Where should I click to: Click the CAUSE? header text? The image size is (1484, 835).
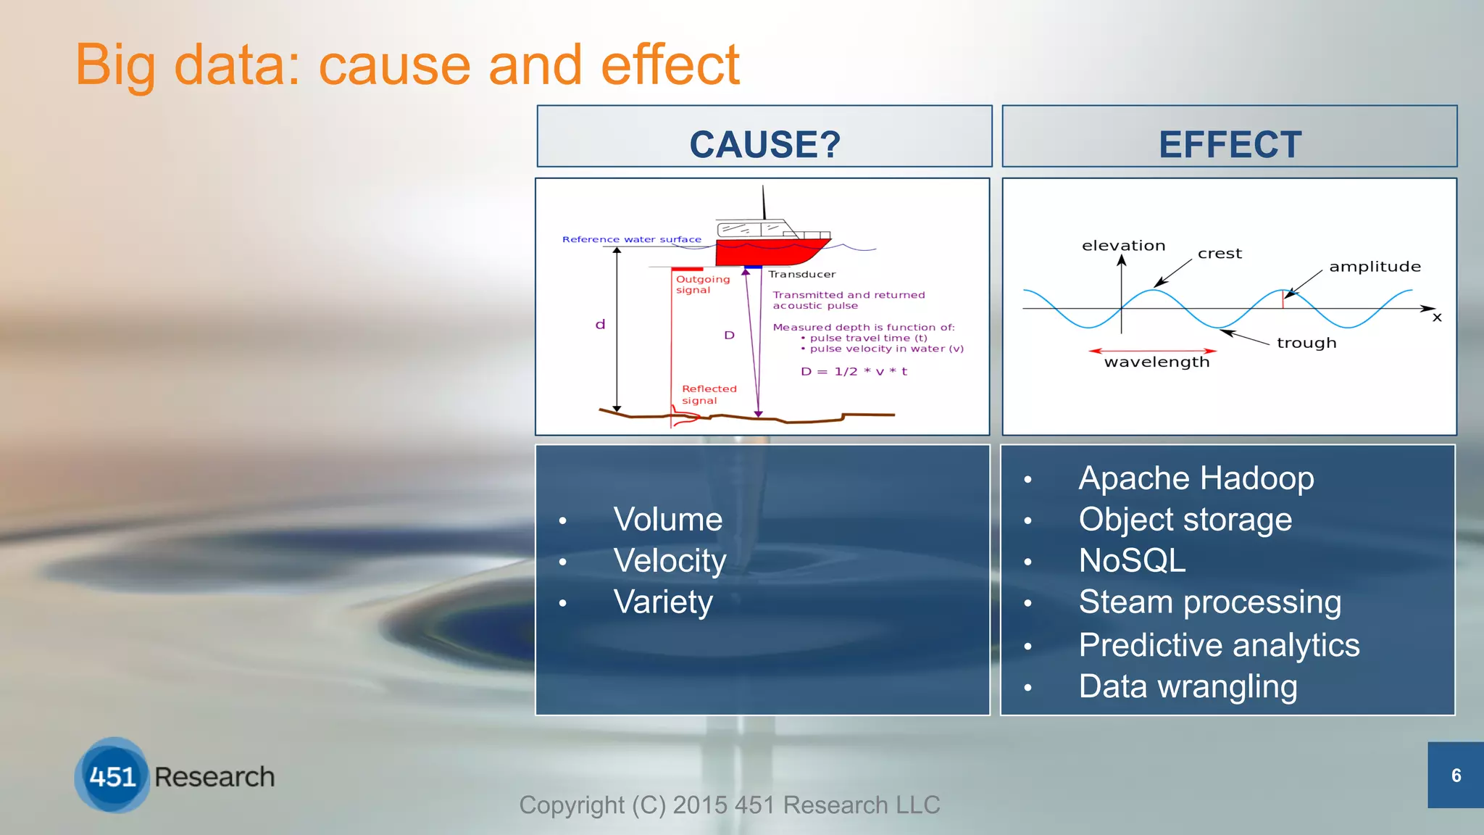(764, 144)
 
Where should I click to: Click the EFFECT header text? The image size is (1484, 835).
(1230, 144)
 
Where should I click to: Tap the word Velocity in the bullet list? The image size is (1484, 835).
(670, 561)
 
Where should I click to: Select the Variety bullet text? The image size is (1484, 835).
(663, 602)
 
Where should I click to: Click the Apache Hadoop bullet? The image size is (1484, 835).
(1196, 478)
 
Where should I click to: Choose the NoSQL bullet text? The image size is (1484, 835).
(1132, 561)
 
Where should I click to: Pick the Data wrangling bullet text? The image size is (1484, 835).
(1188, 686)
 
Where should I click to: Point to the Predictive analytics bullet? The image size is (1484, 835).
(1219, 645)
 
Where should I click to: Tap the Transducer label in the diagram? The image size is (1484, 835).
(801, 275)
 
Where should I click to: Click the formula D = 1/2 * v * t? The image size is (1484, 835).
(854, 372)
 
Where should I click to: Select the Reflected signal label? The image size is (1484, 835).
(708, 395)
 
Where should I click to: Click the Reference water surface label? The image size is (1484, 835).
(631, 239)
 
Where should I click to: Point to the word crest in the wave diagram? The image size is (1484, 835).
(1220, 254)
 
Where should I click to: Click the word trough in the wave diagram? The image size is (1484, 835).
(1306, 343)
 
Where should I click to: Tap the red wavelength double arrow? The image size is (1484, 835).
(1152, 351)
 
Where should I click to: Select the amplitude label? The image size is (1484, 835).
(1375, 267)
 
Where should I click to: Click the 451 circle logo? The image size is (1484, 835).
(112, 776)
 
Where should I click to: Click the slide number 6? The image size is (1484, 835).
(1456, 776)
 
